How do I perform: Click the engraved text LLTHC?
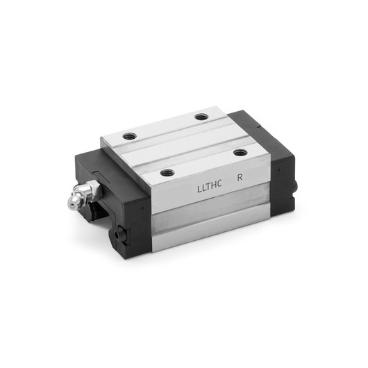pyautogui.click(x=210, y=187)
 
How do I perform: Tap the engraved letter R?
pyautogui.click(x=240, y=178)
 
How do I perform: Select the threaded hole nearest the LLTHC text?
pyautogui.click(x=167, y=172)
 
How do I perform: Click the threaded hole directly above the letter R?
pyautogui.click(x=240, y=152)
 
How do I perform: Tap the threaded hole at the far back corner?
pyautogui.click(x=201, y=116)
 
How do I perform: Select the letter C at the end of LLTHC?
pyautogui.click(x=221, y=184)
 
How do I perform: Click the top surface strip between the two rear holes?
pyautogui.click(x=167, y=126)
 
